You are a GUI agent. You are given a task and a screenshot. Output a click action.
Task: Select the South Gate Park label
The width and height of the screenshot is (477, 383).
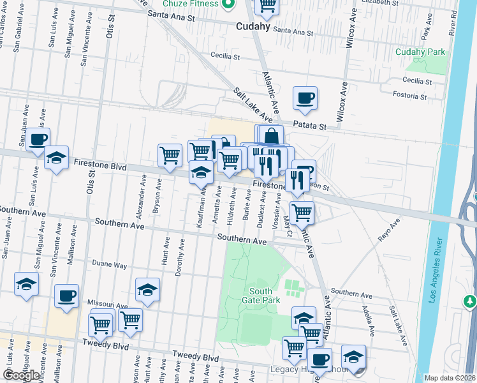(260, 296)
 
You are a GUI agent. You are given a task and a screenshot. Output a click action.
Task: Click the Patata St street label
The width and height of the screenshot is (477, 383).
(309, 126)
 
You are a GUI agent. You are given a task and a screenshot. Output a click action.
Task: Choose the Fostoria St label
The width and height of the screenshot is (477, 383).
(409, 96)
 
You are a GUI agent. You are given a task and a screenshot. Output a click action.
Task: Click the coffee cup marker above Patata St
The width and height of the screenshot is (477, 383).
(305, 98)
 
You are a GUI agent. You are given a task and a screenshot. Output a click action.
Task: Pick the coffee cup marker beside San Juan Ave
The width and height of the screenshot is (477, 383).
(38, 139)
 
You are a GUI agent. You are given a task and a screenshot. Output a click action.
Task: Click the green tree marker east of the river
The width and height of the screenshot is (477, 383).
(470, 300)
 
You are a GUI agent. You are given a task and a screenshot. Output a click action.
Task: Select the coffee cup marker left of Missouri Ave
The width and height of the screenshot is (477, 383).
(66, 296)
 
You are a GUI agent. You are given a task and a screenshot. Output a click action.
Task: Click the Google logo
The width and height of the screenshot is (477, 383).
(21, 375)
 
